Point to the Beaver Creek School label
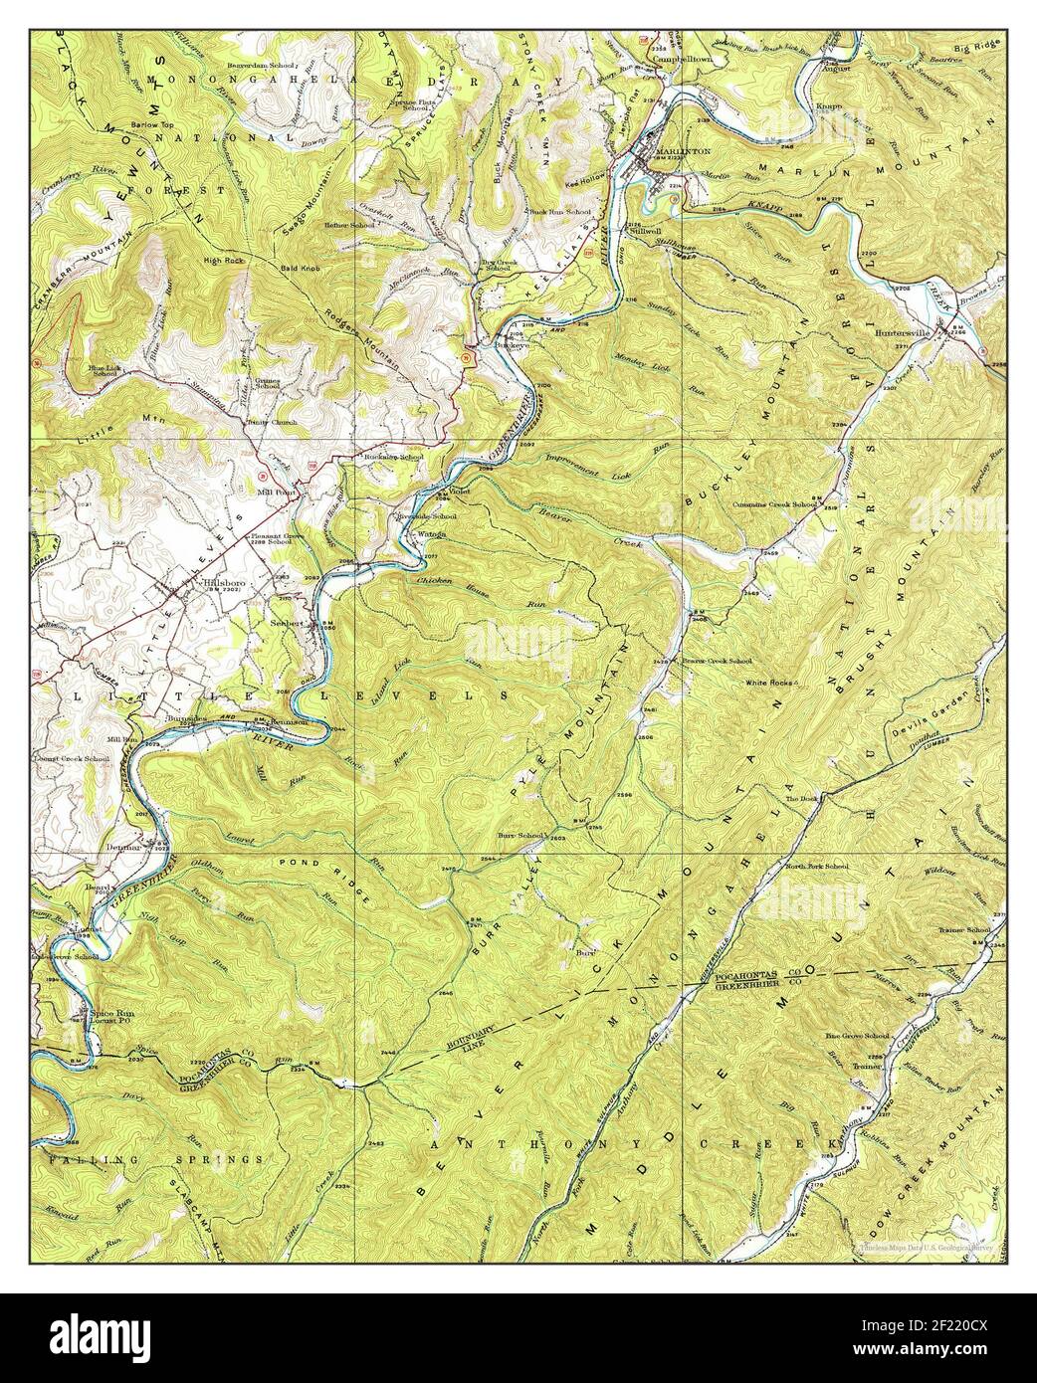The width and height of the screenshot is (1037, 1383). click(717, 661)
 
